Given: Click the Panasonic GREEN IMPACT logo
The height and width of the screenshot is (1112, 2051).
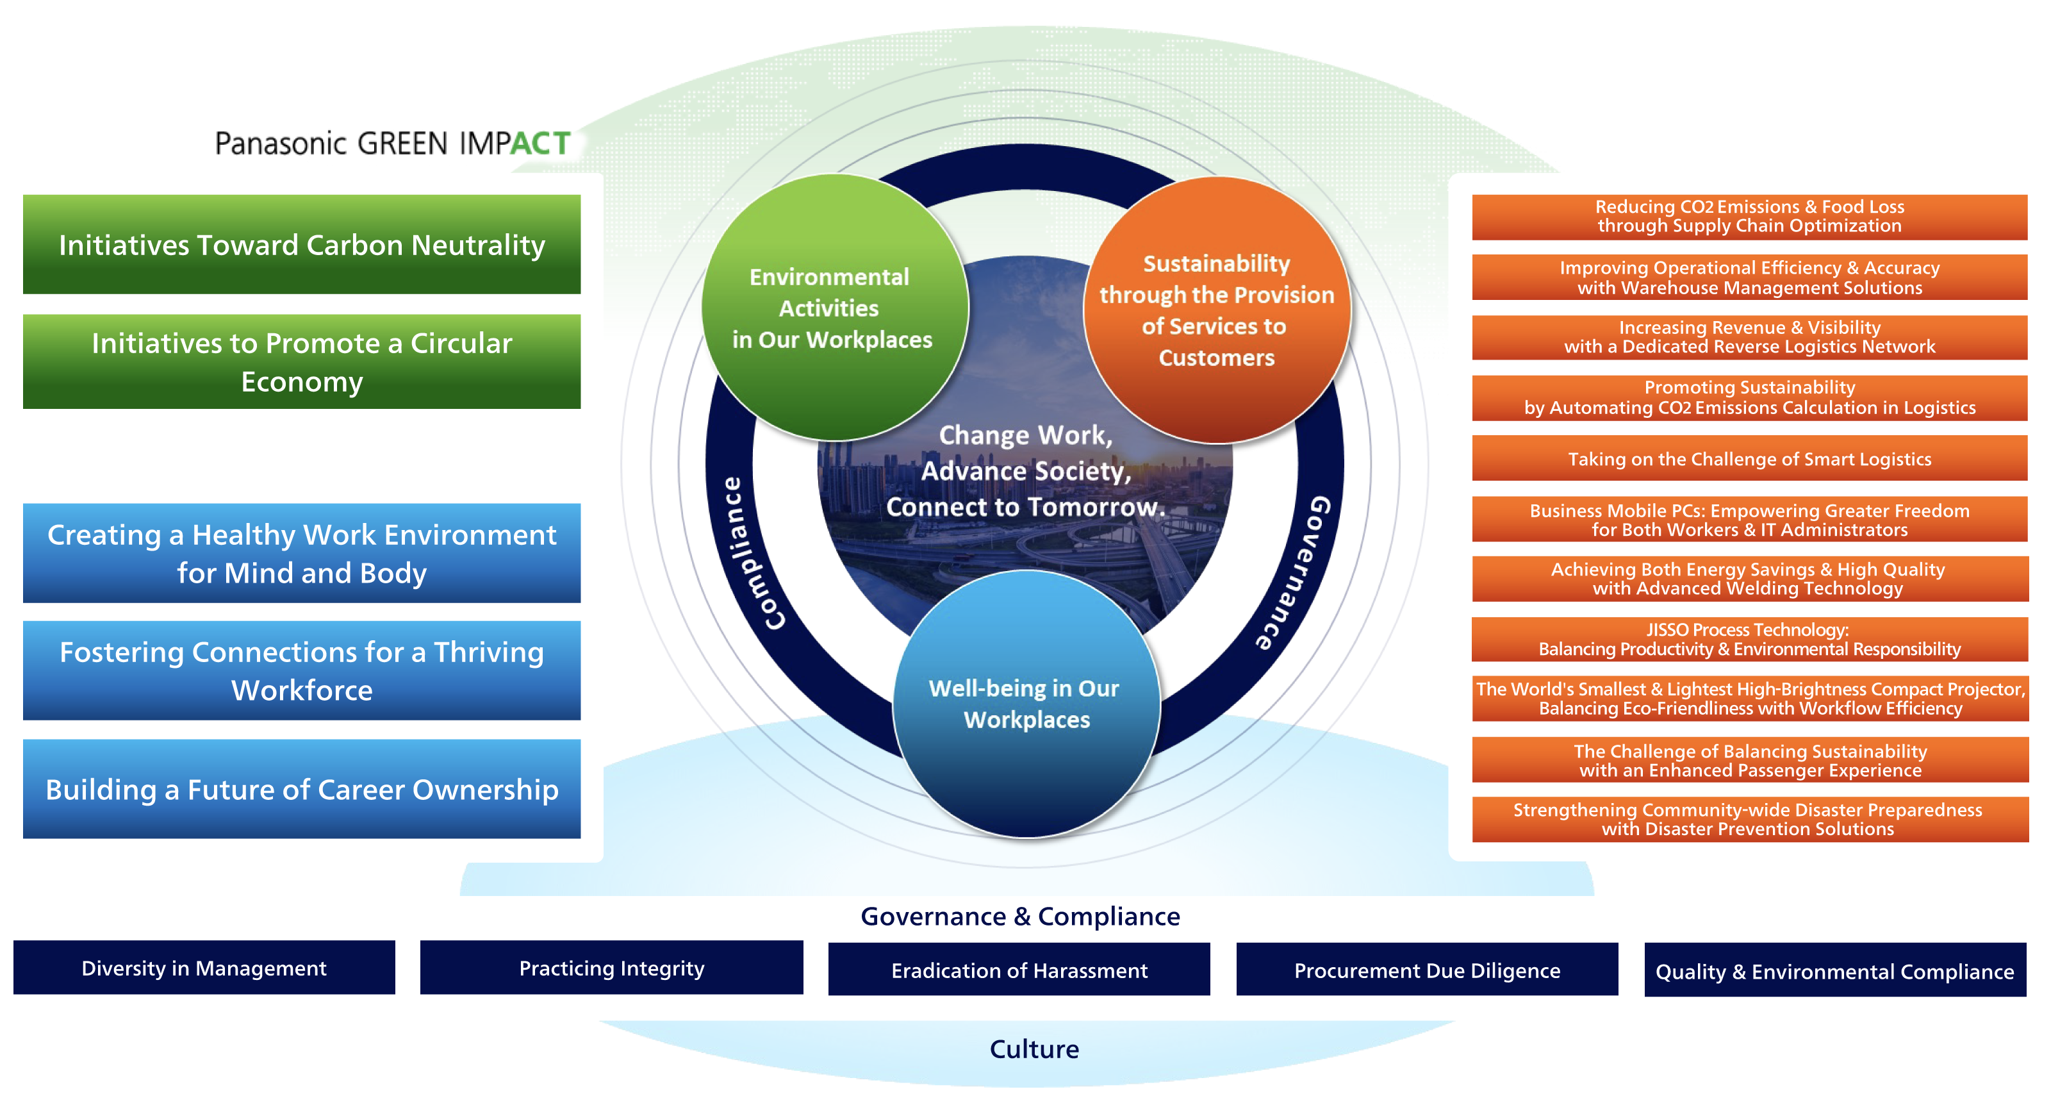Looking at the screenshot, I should [393, 144].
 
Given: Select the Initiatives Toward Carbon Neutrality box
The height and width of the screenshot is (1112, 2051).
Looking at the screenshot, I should [301, 245].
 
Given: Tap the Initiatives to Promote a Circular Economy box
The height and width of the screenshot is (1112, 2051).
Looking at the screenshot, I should [301, 361].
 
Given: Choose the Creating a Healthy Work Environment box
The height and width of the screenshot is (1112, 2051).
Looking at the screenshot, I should [301, 553].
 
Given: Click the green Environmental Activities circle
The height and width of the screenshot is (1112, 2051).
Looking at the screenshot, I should [833, 308].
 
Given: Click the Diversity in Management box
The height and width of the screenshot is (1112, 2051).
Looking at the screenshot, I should [204, 967].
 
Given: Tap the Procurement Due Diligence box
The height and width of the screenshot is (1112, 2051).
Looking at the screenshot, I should [1426, 970].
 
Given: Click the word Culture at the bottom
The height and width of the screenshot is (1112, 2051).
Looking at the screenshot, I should [1034, 1049].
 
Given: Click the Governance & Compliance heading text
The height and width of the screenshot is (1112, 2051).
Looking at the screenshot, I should [1020, 915].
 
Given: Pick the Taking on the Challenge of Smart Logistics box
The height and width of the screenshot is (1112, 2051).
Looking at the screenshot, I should [1749, 458].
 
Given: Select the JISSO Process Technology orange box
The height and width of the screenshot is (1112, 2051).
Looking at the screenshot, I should [1749, 639].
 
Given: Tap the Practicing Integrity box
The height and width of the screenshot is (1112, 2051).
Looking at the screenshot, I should [611, 967].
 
